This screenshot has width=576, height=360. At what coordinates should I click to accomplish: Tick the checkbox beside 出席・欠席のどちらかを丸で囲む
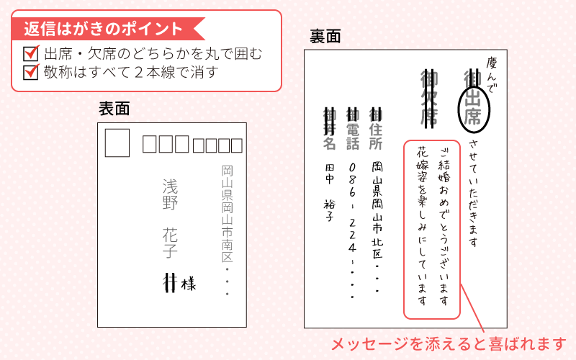[x=31, y=53]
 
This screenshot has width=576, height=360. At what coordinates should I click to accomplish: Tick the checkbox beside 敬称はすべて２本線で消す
[x=31, y=72]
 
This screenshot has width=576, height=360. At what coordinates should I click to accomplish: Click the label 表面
[x=114, y=109]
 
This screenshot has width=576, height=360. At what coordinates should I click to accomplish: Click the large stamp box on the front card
[x=117, y=143]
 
